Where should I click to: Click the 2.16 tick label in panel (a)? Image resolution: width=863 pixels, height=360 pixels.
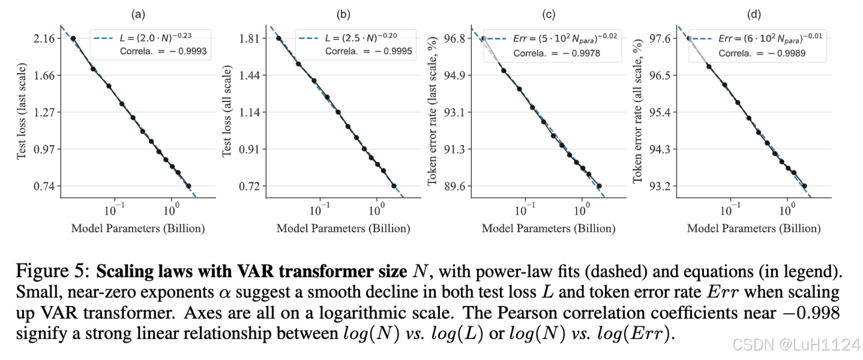point(46,38)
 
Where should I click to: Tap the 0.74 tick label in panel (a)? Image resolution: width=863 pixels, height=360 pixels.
point(46,186)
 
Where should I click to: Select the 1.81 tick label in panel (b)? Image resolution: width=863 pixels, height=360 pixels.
point(251,38)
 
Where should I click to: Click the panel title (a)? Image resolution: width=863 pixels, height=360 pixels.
point(137,13)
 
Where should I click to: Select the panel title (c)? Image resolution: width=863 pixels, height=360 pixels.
point(548,13)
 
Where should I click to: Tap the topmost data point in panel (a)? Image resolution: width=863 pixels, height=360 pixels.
point(73,38)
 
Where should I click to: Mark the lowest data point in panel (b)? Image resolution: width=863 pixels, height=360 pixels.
point(394,186)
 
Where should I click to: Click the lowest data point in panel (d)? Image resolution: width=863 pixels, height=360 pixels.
point(805,186)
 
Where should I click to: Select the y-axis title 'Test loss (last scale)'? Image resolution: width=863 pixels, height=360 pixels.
point(22,112)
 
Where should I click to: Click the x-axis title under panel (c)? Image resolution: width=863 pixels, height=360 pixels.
point(548,229)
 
